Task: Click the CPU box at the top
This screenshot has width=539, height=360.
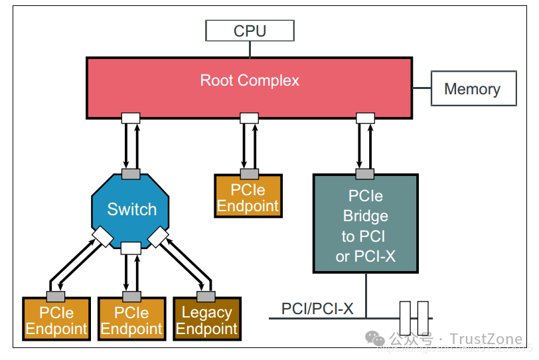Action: point(250,31)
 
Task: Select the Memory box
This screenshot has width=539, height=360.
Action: point(473,89)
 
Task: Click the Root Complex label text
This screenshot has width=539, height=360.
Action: point(250,80)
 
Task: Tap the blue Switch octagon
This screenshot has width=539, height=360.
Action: point(131,209)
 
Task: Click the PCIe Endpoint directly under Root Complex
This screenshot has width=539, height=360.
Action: point(248,197)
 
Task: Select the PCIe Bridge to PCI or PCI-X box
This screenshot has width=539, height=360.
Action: point(365,226)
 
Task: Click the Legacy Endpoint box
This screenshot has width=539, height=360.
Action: point(206,321)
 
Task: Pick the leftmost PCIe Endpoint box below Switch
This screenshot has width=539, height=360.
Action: point(56,321)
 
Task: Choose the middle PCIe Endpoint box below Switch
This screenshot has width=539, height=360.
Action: point(131,321)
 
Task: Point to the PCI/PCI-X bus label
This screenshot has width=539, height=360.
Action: point(317,309)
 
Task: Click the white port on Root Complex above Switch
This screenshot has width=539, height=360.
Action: point(131,118)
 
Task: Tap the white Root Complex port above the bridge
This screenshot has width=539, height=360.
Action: point(366,118)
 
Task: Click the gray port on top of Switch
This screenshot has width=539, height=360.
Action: point(131,173)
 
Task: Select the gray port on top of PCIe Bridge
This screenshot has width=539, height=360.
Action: point(366,174)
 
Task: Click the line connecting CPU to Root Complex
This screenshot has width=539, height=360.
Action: point(250,49)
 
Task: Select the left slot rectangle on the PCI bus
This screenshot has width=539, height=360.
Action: point(406,318)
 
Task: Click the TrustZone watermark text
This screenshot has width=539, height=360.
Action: point(485,340)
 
